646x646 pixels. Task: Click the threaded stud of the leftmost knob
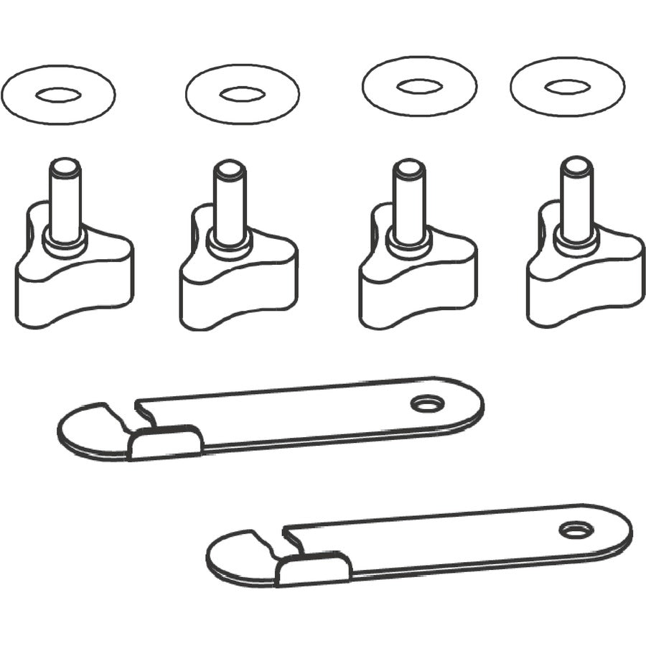point(65,194)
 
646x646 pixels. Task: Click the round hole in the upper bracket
point(428,404)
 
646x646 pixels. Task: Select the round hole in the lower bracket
point(575,530)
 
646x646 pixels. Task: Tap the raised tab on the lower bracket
point(314,570)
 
